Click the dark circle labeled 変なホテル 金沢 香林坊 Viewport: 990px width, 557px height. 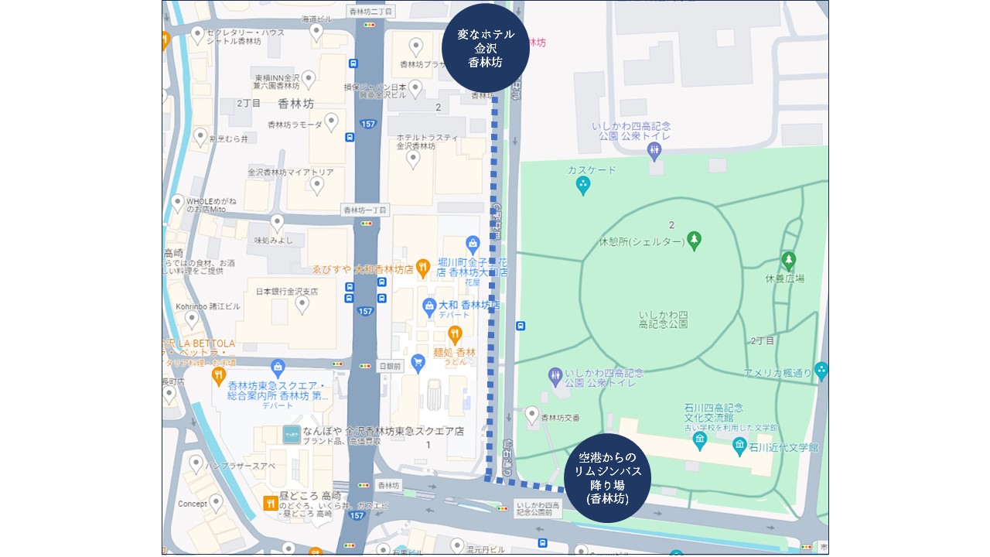pos(485,48)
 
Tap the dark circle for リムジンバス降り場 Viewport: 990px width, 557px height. pos(607,478)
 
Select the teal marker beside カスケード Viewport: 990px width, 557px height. pos(583,185)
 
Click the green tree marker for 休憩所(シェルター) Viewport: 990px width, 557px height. pos(695,241)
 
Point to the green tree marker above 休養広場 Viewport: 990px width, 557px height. pos(788,260)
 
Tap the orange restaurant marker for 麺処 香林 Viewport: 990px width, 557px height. pos(455,335)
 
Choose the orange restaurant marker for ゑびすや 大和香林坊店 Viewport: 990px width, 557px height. pos(423,268)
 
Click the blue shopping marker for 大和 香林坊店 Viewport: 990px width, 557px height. pos(429,307)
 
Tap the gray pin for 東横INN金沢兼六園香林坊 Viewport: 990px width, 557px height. pos(309,79)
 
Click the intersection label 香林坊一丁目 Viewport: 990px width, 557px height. pos(366,210)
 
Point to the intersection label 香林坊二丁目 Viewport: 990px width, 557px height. pos(370,11)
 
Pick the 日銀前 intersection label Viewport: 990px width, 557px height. pos(391,365)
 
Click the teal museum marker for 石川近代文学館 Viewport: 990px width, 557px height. pos(739,446)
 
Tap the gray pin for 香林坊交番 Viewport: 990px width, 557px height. pos(532,415)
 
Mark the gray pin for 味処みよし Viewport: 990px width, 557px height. pos(277,224)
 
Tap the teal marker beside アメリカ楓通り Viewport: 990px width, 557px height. pos(821,371)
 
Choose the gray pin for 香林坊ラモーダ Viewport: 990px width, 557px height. pos(332,122)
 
